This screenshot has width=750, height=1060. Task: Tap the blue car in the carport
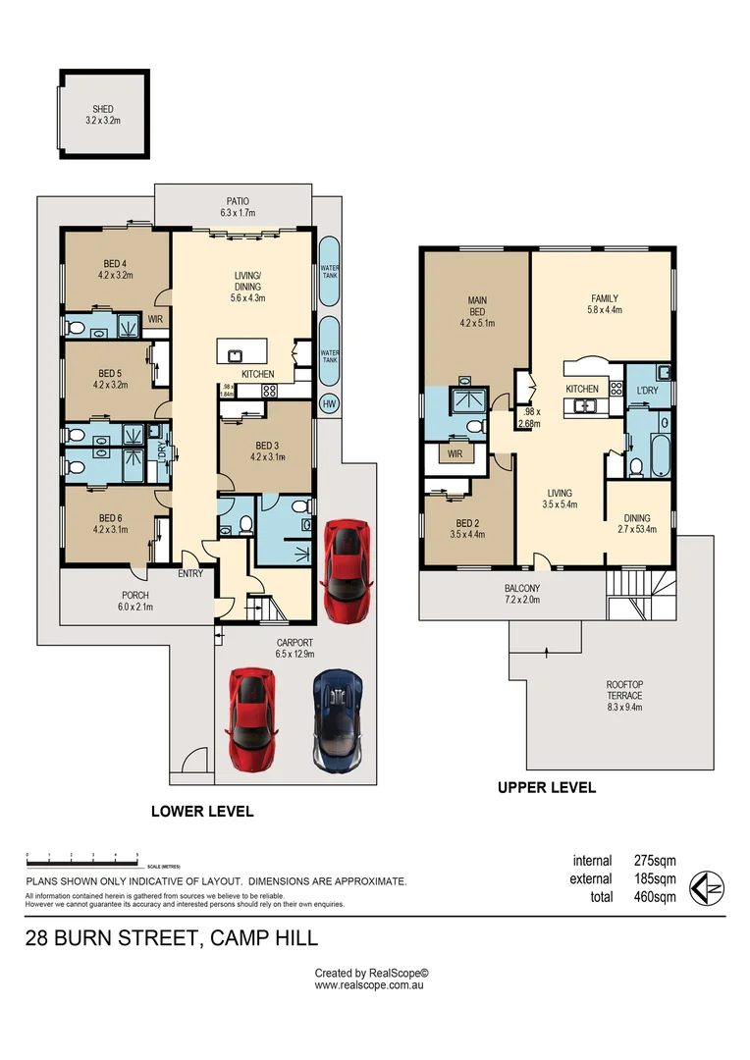click(x=338, y=720)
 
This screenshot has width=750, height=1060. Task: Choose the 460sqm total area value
click(x=653, y=897)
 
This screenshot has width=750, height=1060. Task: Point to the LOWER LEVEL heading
click(x=201, y=812)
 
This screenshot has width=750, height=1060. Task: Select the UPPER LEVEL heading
click(x=546, y=787)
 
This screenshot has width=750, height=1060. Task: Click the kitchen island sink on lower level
click(x=236, y=355)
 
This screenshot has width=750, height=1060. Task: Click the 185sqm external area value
click(x=653, y=879)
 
